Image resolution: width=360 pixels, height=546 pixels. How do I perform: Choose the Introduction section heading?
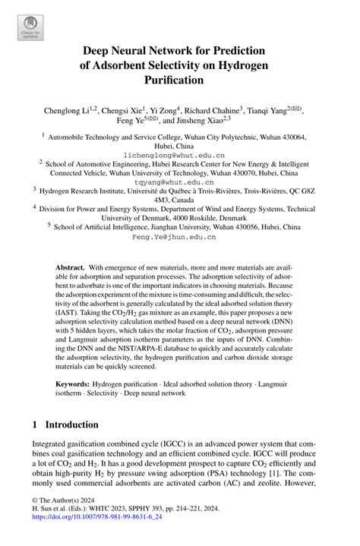coord(72,424)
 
